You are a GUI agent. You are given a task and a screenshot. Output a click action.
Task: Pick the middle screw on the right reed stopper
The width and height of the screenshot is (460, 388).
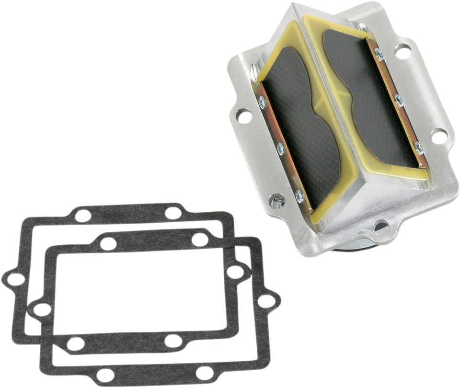[398, 100]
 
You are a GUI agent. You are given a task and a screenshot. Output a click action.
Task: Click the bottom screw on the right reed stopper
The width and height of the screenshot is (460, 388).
[419, 147]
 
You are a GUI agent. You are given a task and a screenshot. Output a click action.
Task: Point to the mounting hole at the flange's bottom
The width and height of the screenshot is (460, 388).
[381, 224]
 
